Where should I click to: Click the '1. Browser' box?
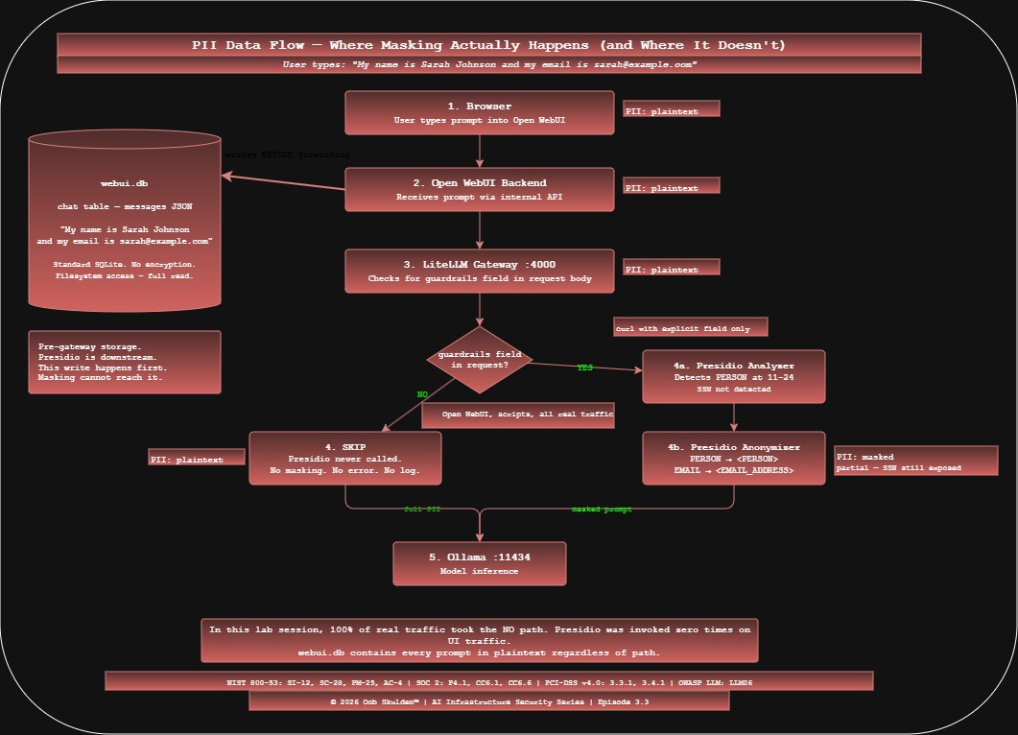point(479,112)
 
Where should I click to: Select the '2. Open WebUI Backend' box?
point(479,189)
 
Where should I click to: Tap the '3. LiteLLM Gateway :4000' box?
point(479,271)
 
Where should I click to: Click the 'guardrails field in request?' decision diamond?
point(479,360)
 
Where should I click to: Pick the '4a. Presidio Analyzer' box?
point(734,376)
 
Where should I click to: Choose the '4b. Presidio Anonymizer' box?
point(734,458)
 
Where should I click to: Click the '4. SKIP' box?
point(344,458)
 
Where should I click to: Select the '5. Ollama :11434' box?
point(479,563)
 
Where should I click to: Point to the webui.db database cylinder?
point(125,221)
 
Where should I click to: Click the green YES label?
point(584,367)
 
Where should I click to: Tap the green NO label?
point(422,394)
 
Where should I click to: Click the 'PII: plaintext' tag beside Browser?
point(671,110)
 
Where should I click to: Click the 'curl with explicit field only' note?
point(690,328)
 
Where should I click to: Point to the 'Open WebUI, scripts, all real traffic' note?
point(517,415)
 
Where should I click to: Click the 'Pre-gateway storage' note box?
point(125,362)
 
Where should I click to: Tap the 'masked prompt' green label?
point(602,510)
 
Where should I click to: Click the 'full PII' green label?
point(422,510)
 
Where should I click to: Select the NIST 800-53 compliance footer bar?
point(488,681)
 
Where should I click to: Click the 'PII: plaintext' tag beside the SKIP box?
point(197,459)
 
